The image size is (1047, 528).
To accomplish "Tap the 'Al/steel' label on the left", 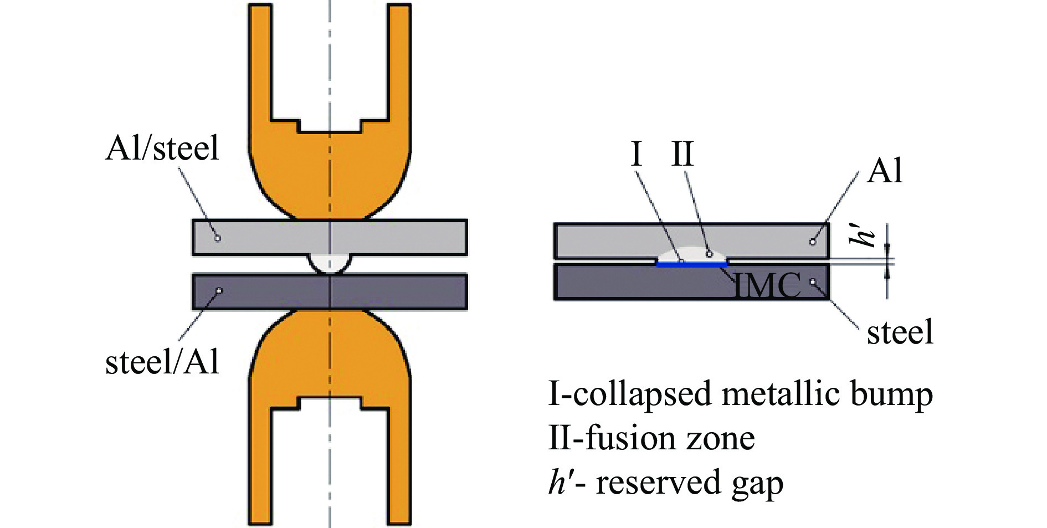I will (162, 148).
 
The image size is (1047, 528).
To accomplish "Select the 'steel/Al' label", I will (162, 362).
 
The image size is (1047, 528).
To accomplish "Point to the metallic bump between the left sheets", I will (330, 263).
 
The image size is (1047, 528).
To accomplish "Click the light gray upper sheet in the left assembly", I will (399, 237).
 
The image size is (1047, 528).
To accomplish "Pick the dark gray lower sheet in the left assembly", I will (399, 291).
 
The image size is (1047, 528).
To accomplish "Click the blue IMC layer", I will (691, 264).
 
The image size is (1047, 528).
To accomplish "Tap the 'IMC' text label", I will (768, 285).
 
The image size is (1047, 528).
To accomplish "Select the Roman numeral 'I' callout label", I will (637, 154).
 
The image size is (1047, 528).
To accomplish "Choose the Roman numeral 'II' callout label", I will (682, 154).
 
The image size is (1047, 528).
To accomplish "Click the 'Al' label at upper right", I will (885, 171).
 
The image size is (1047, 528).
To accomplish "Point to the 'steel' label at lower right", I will (900, 332).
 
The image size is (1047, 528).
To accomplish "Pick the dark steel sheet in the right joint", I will (609, 283).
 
